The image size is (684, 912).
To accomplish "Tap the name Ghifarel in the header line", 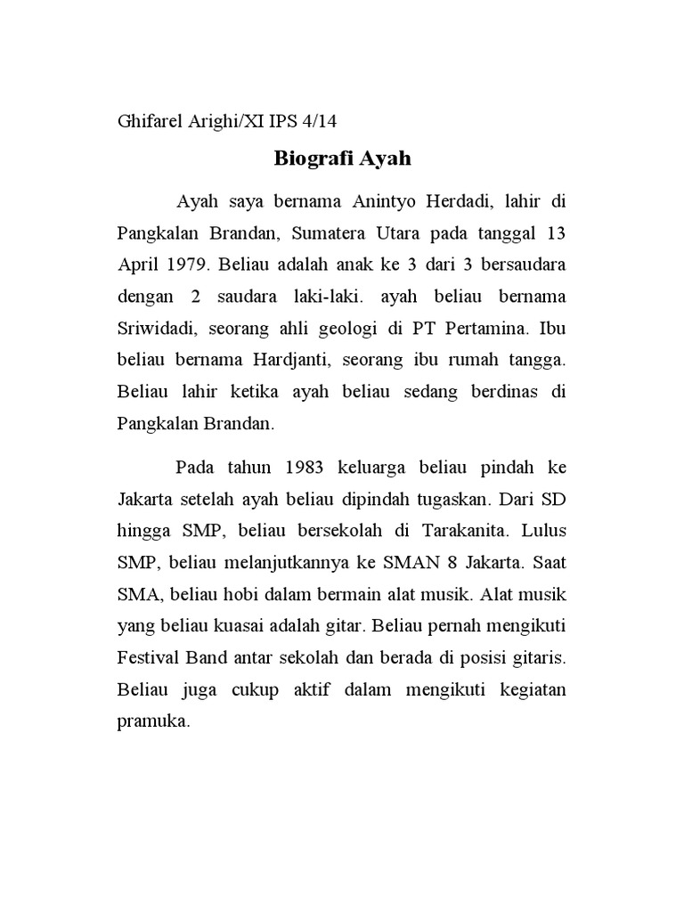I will tap(151, 122).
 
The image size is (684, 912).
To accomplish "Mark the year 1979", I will tap(188, 265).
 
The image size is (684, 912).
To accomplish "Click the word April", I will tap(138, 265).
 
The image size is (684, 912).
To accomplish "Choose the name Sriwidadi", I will tap(157, 329).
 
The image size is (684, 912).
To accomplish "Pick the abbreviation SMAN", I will tap(407, 563).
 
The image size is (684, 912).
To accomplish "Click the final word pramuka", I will tap(152, 721).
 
